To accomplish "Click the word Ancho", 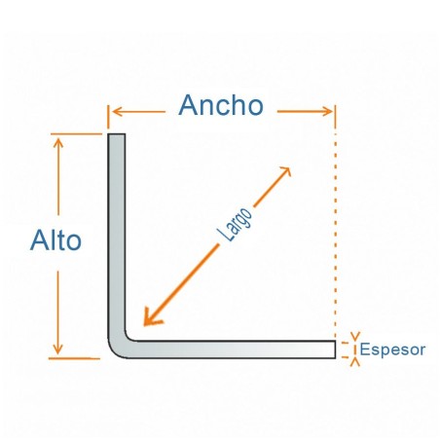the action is point(221,105).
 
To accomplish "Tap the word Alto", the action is point(55,240).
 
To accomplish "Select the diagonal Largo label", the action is point(235,224).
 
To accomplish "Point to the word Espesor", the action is point(392,349).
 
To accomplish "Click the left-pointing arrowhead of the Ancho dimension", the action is point(116,112).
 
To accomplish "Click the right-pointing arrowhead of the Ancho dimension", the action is point(327,112).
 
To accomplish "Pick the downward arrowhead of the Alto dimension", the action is point(57,349).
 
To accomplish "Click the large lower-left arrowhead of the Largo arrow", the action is point(151,318).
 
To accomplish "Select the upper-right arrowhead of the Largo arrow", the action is point(285,171).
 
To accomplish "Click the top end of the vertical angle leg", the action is point(117,134).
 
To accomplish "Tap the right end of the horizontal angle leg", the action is point(335,349).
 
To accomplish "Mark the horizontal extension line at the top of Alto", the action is point(76,133).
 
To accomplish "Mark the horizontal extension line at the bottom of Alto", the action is point(74,358).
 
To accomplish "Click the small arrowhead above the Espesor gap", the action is point(355,337).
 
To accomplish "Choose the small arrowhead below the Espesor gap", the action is point(355,362).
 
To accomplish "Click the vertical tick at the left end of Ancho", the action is point(108,117).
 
